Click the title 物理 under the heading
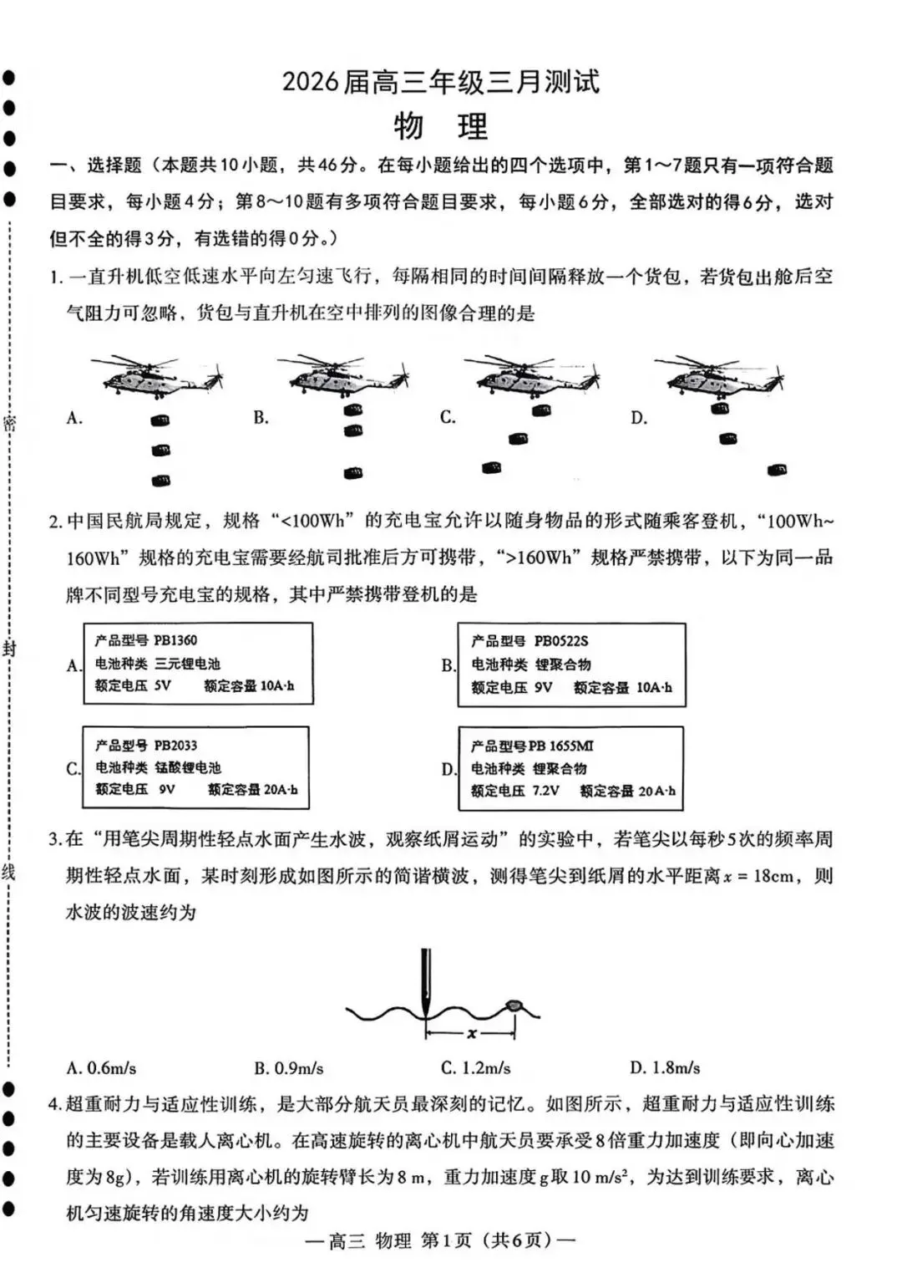pyautogui.click(x=440, y=127)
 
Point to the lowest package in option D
pyautogui.click(x=777, y=470)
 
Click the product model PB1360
pyautogui.click(x=175, y=640)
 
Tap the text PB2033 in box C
pyautogui.click(x=175, y=745)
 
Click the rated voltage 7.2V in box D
pyautogui.click(x=545, y=790)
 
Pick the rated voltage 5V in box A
pyautogui.click(x=162, y=685)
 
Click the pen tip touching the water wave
pyautogui.click(x=426, y=1008)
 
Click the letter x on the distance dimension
pyautogui.click(x=472, y=1034)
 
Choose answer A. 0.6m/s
pyautogui.click(x=101, y=1068)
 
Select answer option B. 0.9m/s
pyautogui.click(x=289, y=1068)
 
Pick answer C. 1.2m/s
pyautogui.click(x=476, y=1068)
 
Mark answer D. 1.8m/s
pyautogui.click(x=665, y=1068)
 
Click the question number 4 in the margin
pyautogui.click(x=54, y=1104)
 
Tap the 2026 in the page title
pyautogui.click(x=310, y=82)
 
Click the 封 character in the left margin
pyautogui.click(x=9, y=649)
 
